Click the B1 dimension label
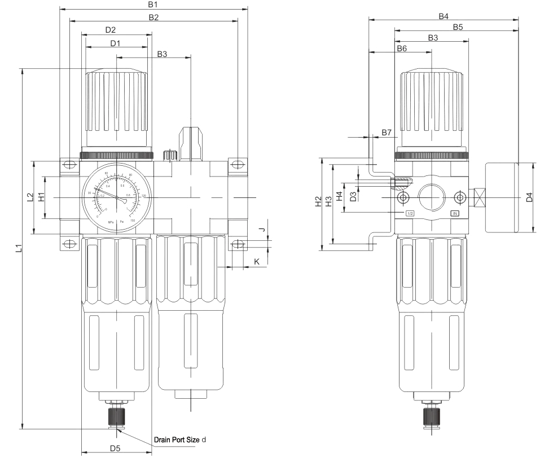(152, 5)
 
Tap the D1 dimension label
(116, 43)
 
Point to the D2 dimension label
(111, 30)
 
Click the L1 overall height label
(18, 248)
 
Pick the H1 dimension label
(41, 197)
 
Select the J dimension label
(261, 230)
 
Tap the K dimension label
(257, 262)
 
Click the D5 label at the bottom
(115, 448)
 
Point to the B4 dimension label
(444, 16)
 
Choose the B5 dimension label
(458, 27)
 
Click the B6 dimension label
(401, 49)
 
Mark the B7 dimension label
(386, 133)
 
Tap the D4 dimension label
(529, 197)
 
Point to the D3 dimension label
(353, 196)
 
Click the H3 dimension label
(328, 202)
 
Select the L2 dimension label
(30, 197)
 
